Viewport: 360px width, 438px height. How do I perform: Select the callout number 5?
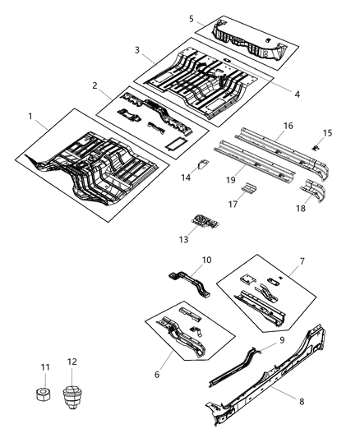click(191, 18)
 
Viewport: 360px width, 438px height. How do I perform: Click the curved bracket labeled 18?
click(316, 191)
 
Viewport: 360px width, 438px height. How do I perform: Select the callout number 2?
click(95, 85)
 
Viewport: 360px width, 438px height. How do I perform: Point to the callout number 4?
click(297, 94)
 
